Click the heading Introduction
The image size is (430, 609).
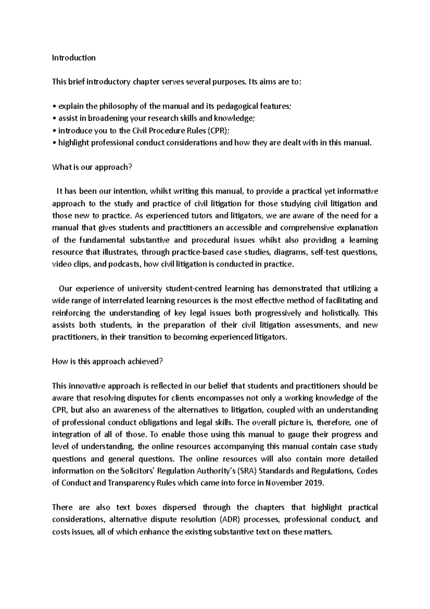74,58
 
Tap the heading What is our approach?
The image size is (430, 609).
90,167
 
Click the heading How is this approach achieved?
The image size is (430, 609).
107,362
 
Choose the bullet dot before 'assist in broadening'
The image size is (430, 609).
54,119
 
